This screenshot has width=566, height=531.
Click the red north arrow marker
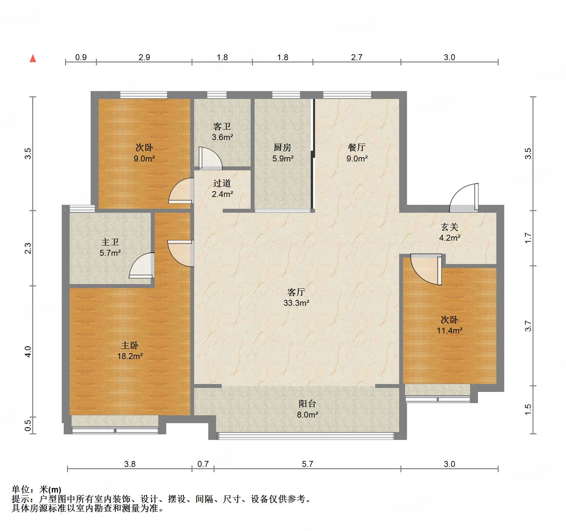tap(33, 59)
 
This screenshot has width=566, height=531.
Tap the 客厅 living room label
tap(296, 292)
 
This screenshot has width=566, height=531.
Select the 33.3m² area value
tap(296, 303)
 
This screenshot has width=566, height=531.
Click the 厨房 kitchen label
tap(283, 147)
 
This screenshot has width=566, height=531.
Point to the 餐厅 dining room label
tap(357, 147)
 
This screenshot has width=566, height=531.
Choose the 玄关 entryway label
tap(449, 227)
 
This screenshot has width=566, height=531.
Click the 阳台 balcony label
tap(307, 404)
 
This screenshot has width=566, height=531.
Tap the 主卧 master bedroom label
tap(130, 345)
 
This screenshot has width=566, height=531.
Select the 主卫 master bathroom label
tap(110, 242)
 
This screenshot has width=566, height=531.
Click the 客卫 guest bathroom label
tap(222, 126)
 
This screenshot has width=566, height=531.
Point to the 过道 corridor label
tap(222, 183)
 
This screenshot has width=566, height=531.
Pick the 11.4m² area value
tap(449, 330)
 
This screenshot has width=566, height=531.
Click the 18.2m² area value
tap(130, 356)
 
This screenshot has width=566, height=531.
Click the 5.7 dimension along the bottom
tap(307, 464)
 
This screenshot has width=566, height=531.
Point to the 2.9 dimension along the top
tap(144, 57)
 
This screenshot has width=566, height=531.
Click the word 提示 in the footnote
tap(21, 499)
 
